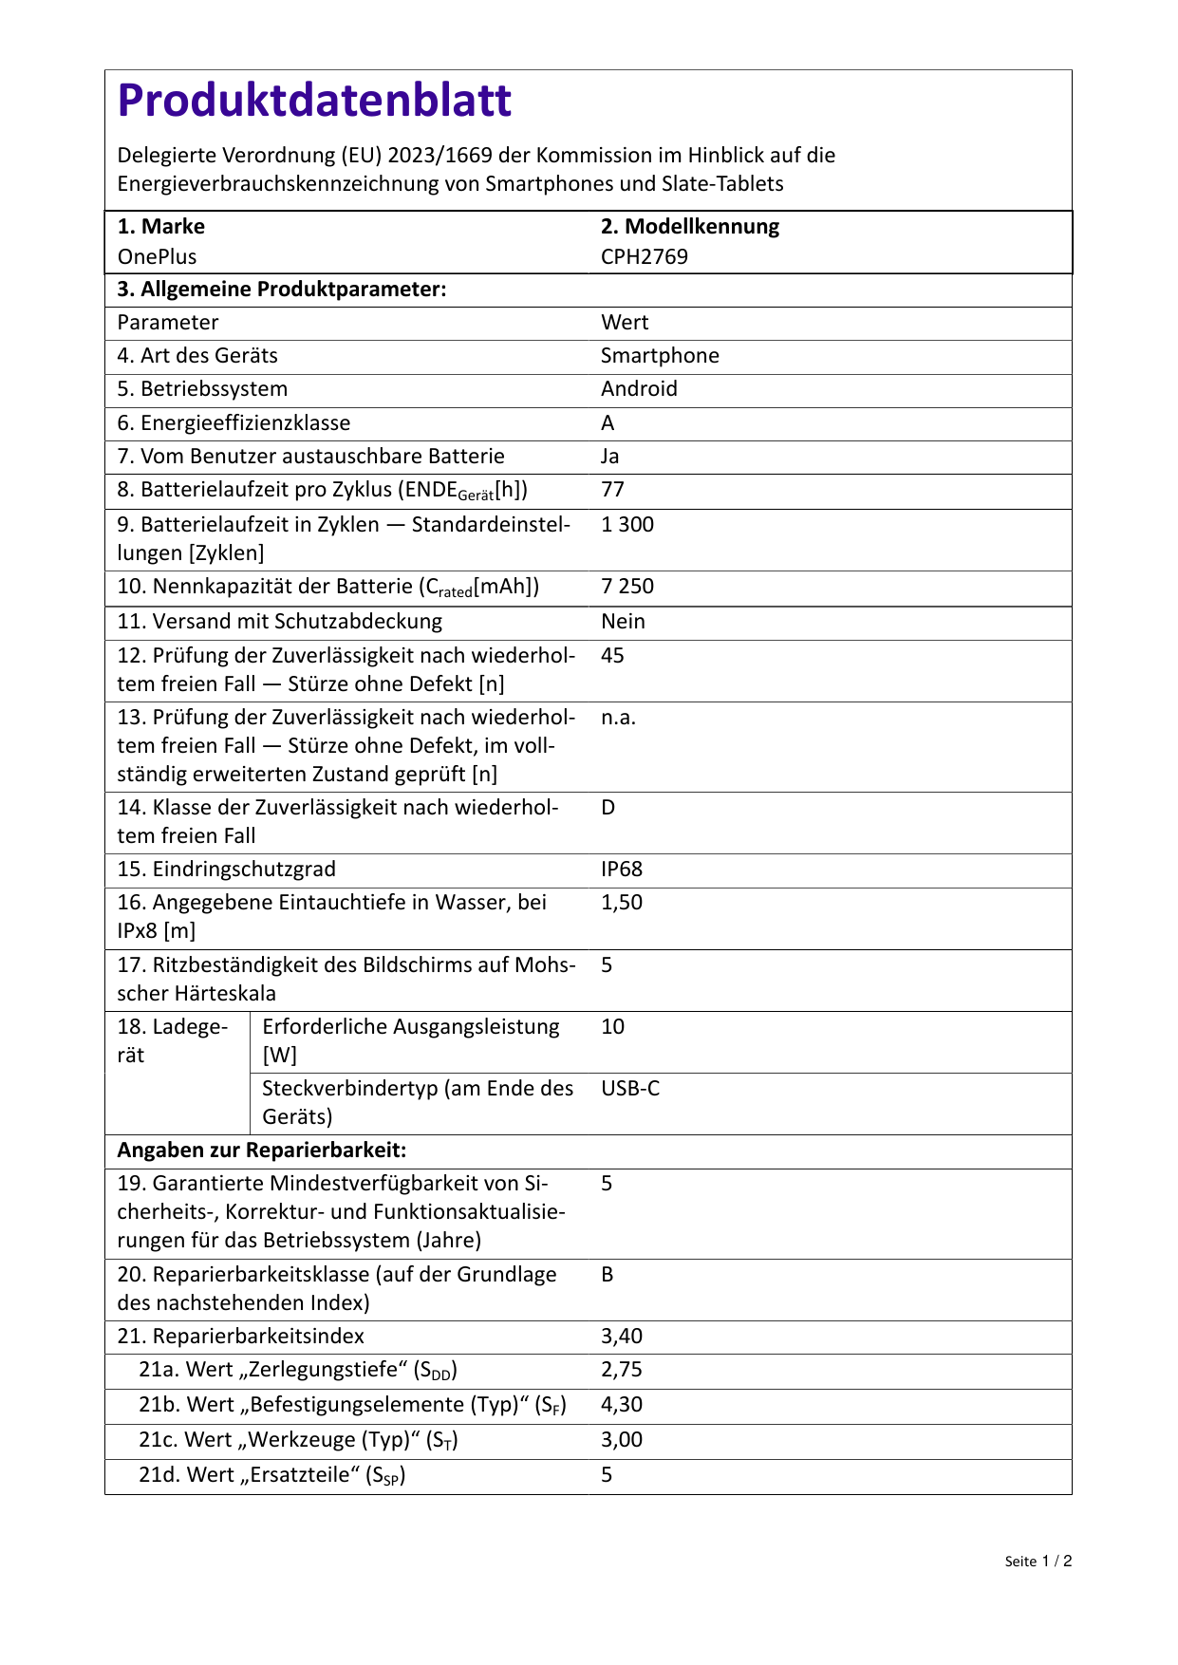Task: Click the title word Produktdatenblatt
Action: pos(314,101)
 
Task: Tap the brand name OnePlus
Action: pos(157,256)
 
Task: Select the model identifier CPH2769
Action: pos(644,256)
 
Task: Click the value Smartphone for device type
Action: pos(660,356)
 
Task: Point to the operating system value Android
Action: pos(639,389)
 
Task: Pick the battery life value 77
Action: pos(612,490)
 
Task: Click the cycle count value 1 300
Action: pos(626,525)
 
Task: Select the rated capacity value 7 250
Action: pos(626,587)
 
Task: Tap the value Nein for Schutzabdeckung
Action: pos(623,622)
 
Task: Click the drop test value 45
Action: pos(612,656)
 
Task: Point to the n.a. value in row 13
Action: pos(618,718)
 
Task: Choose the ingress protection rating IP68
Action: pos(622,870)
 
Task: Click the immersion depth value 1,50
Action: pos(622,903)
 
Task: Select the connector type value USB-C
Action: pos(629,1089)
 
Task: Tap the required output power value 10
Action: pos(612,1027)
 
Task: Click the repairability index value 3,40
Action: pos(622,1337)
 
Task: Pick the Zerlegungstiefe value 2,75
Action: pos(622,1370)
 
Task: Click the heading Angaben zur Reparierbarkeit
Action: pos(261,1151)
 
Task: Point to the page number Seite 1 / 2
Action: pos(1038,1562)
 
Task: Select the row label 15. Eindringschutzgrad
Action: pos(226,870)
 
